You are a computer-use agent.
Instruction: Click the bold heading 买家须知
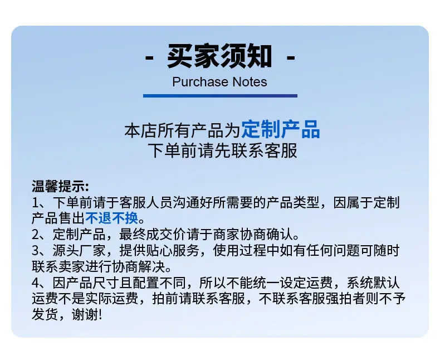pyautogui.click(x=219, y=56)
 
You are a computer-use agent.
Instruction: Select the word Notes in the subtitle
pyautogui.click(x=250, y=82)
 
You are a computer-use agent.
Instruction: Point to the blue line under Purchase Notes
pyautogui.click(x=220, y=96)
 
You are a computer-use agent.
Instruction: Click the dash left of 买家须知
pyautogui.click(x=149, y=58)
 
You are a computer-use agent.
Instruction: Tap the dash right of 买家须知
pyautogui.click(x=291, y=58)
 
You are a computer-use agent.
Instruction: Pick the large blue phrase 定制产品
pyautogui.click(x=281, y=130)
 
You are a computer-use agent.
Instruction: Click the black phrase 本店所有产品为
pyautogui.click(x=183, y=130)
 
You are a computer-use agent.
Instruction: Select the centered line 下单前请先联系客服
pyautogui.click(x=223, y=151)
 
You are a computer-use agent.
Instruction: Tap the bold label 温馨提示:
pyautogui.click(x=60, y=186)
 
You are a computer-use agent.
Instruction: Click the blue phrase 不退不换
pyautogui.click(x=112, y=218)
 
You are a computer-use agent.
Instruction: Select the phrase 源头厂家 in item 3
pyautogui.click(x=79, y=250)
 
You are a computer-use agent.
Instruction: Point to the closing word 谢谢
pyautogui.click(x=85, y=314)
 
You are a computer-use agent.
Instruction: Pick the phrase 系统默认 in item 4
pyautogui.click(x=373, y=283)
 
